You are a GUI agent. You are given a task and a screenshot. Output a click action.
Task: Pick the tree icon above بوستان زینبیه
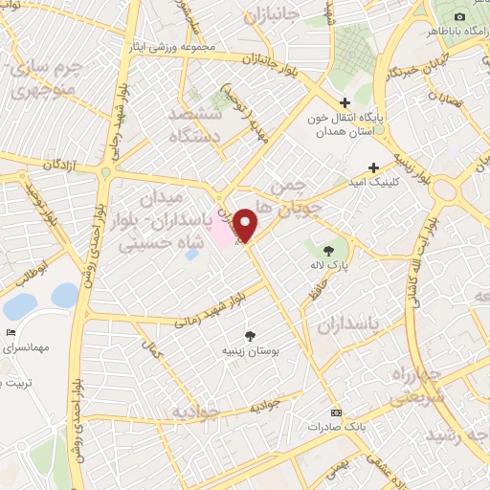coord(250,336)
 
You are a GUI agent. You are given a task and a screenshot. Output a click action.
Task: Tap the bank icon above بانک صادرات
coord(335,412)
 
